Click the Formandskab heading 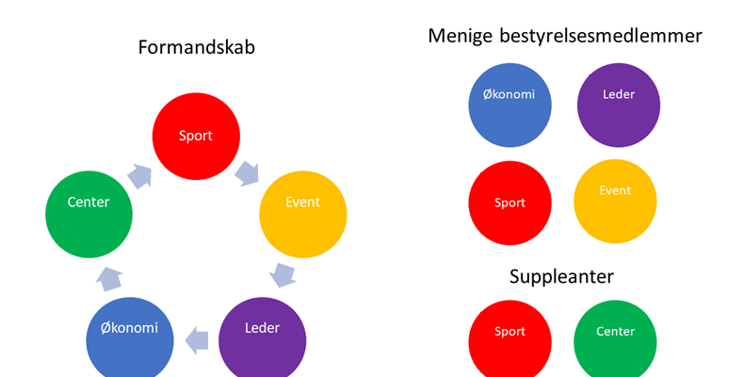tap(196, 47)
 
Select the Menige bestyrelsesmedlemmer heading tap(565, 36)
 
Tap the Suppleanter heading tap(562, 277)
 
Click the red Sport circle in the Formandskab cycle tap(196, 136)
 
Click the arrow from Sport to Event tap(246, 172)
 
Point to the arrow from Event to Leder tap(283, 275)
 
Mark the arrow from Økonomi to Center tap(109, 277)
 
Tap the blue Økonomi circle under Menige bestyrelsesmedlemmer tap(509, 105)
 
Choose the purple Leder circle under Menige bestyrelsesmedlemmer tap(616, 105)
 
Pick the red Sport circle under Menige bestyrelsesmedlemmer tap(509, 202)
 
